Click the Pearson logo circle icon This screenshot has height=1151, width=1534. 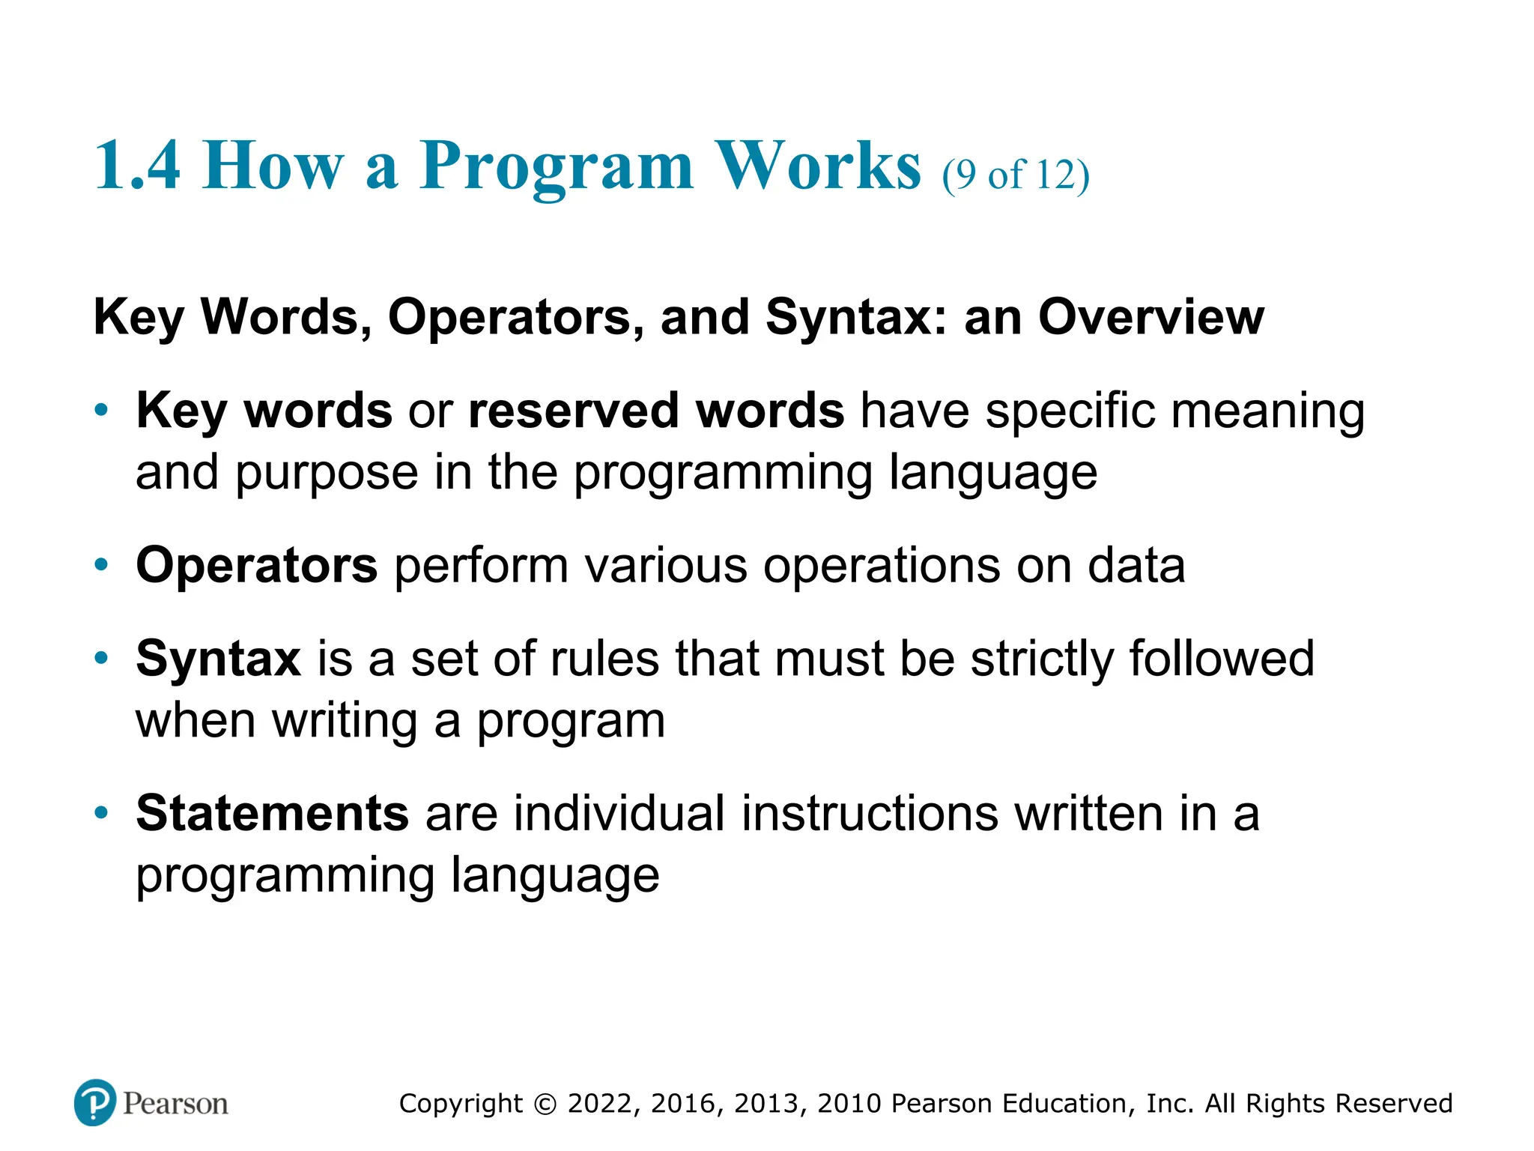tap(95, 1102)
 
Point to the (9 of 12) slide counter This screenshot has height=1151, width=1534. tap(1015, 175)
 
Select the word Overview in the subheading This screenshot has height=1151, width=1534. tap(1150, 317)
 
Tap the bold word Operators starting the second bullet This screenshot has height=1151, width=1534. tap(256, 566)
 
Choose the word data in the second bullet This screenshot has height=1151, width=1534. tap(1136, 566)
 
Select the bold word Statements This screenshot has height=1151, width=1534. tap(272, 813)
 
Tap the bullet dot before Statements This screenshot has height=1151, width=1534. tap(102, 812)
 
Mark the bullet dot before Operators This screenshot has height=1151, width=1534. tap(102, 565)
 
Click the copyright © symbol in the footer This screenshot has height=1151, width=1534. tap(545, 1104)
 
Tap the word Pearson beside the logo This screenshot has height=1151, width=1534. tap(175, 1104)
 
